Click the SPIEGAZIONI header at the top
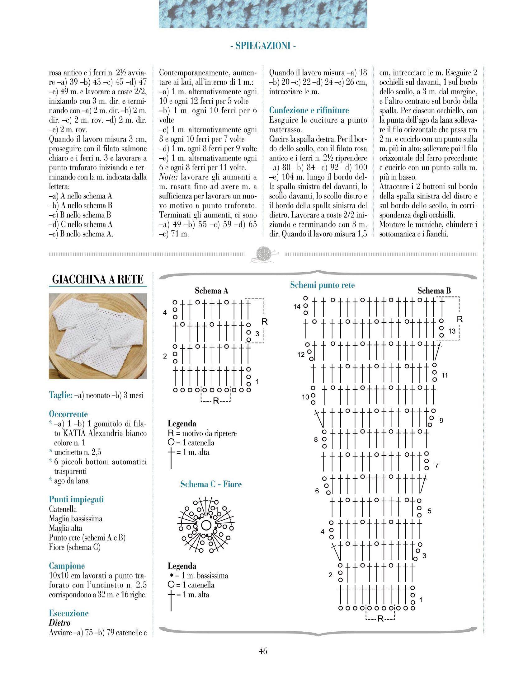point(263,46)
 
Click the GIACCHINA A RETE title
point(98,279)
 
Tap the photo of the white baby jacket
point(98,336)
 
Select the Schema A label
point(211,291)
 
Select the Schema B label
point(434,291)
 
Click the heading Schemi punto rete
point(322,285)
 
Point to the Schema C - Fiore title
point(211,484)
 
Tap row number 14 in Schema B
point(297,306)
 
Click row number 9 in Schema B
point(441,421)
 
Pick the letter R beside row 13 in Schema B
point(460,319)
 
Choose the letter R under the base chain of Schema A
point(216,401)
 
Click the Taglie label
point(61,395)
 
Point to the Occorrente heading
point(68,414)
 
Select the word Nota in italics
point(168,177)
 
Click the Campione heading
point(67,566)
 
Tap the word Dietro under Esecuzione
point(59,623)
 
